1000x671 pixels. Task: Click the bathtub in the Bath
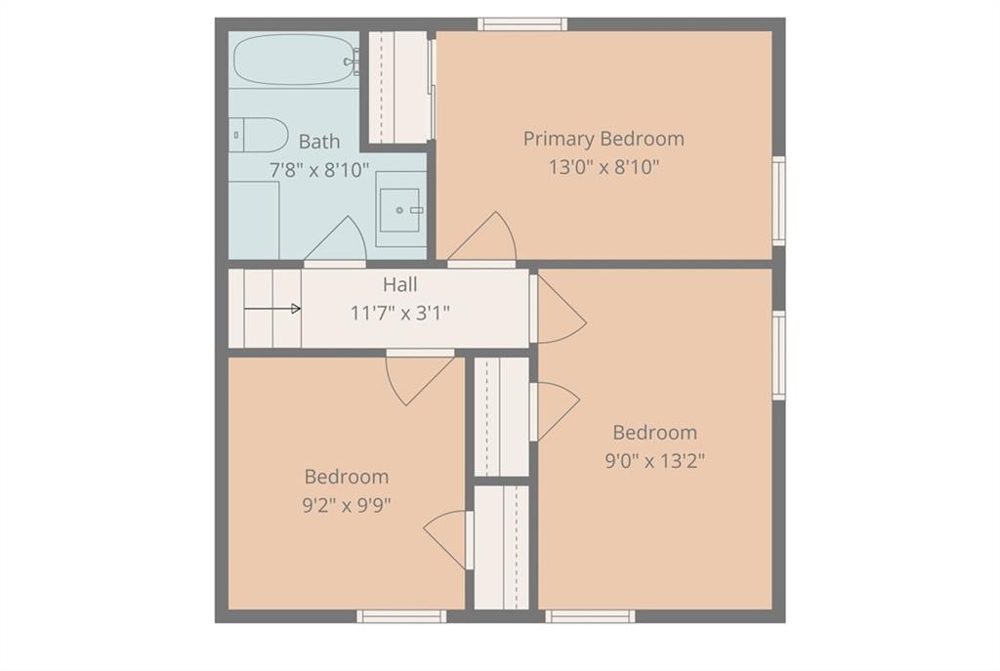[293, 60]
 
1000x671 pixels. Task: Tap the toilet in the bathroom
[258, 135]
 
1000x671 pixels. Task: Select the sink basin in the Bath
[399, 210]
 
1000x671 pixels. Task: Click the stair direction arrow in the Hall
[272, 309]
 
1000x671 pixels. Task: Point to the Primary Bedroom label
[604, 139]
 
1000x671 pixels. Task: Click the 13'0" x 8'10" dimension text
[604, 167]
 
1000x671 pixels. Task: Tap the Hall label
[399, 284]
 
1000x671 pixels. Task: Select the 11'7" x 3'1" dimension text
[399, 314]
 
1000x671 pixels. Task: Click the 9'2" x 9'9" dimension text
[347, 505]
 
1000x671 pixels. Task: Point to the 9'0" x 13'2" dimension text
[654, 460]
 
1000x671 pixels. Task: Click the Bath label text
[319, 142]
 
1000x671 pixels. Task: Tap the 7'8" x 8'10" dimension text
[319, 170]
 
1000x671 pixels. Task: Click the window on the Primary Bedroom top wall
[522, 24]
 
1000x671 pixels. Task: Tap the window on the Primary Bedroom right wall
[778, 200]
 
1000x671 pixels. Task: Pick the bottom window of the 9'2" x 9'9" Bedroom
[401, 616]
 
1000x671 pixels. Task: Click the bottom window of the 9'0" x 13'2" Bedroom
[590, 616]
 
